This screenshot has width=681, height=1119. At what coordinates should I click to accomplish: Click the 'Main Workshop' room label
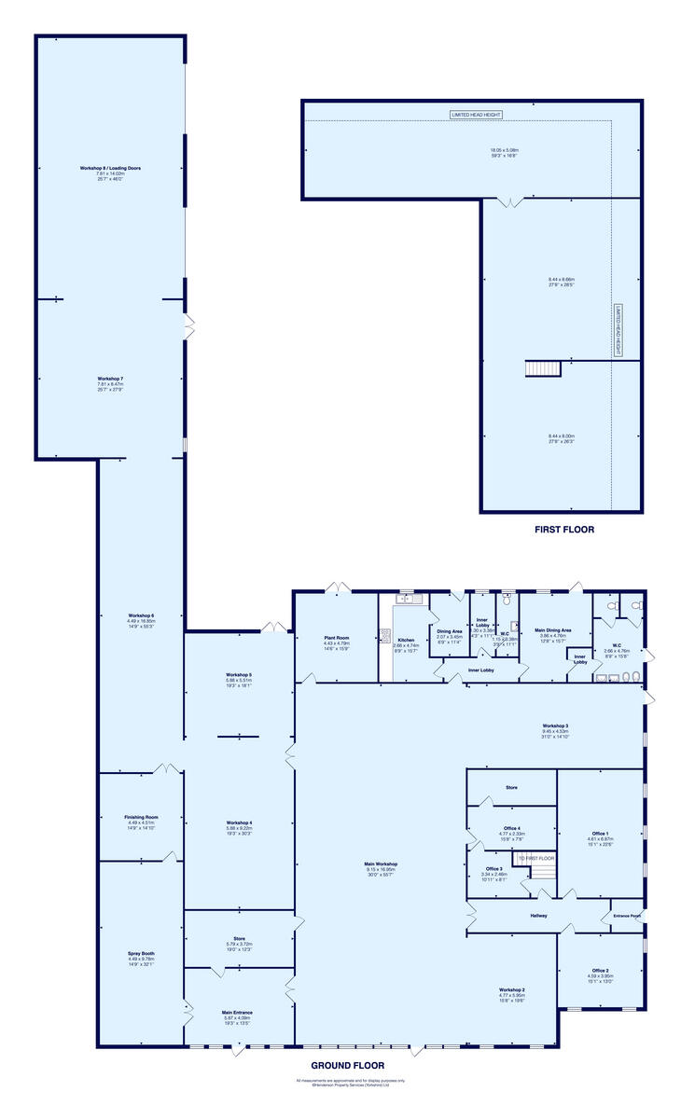(x=380, y=864)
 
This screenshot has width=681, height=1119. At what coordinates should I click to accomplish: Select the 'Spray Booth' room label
(x=141, y=954)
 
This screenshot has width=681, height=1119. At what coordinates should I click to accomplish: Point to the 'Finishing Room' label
(x=141, y=817)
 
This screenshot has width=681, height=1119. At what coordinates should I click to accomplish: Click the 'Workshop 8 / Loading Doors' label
(x=110, y=168)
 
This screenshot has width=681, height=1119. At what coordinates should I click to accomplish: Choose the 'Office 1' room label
(x=600, y=833)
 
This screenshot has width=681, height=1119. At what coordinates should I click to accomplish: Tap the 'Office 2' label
(x=600, y=970)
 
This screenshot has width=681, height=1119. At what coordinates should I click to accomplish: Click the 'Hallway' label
(x=538, y=916)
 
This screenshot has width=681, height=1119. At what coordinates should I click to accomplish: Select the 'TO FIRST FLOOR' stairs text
(x=536, y=858)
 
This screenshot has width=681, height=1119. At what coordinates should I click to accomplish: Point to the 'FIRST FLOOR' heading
(x=563, y=530)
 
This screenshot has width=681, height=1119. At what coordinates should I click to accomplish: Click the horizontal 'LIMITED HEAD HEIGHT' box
(x=477, y=115)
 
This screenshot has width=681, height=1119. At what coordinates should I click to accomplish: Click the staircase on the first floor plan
(x=542, y=368)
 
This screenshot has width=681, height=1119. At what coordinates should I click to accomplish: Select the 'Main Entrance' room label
(x=237, y=1012)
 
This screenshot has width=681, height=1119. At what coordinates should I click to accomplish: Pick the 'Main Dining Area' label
(x=554, y=630)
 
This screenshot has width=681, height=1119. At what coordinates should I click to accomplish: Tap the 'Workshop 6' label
(x=141, y=615)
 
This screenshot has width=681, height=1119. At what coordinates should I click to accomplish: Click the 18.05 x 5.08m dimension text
(x=505, y=150)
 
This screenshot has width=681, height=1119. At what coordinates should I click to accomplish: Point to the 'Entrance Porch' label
(x=627, y=916)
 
